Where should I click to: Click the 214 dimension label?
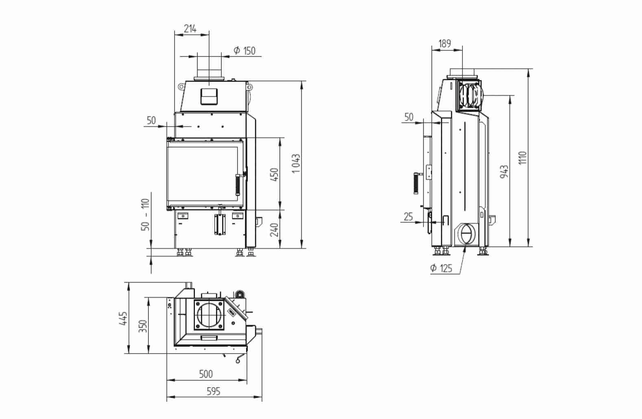[x=190, y=29]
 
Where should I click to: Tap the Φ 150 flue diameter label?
[x=245, y=51]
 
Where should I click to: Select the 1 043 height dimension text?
[x=296, y=163]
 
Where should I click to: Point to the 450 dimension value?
[x=274, y=174]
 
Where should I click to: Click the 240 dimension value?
[x=274, y=230]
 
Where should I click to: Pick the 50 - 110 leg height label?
[x=146, y=215]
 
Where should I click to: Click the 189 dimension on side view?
[x=445, y=44]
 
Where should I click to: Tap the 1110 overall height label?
[x=523, y=158]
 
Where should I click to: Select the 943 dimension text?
[x=504, y=171]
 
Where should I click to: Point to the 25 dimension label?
[x=408, y=217]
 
